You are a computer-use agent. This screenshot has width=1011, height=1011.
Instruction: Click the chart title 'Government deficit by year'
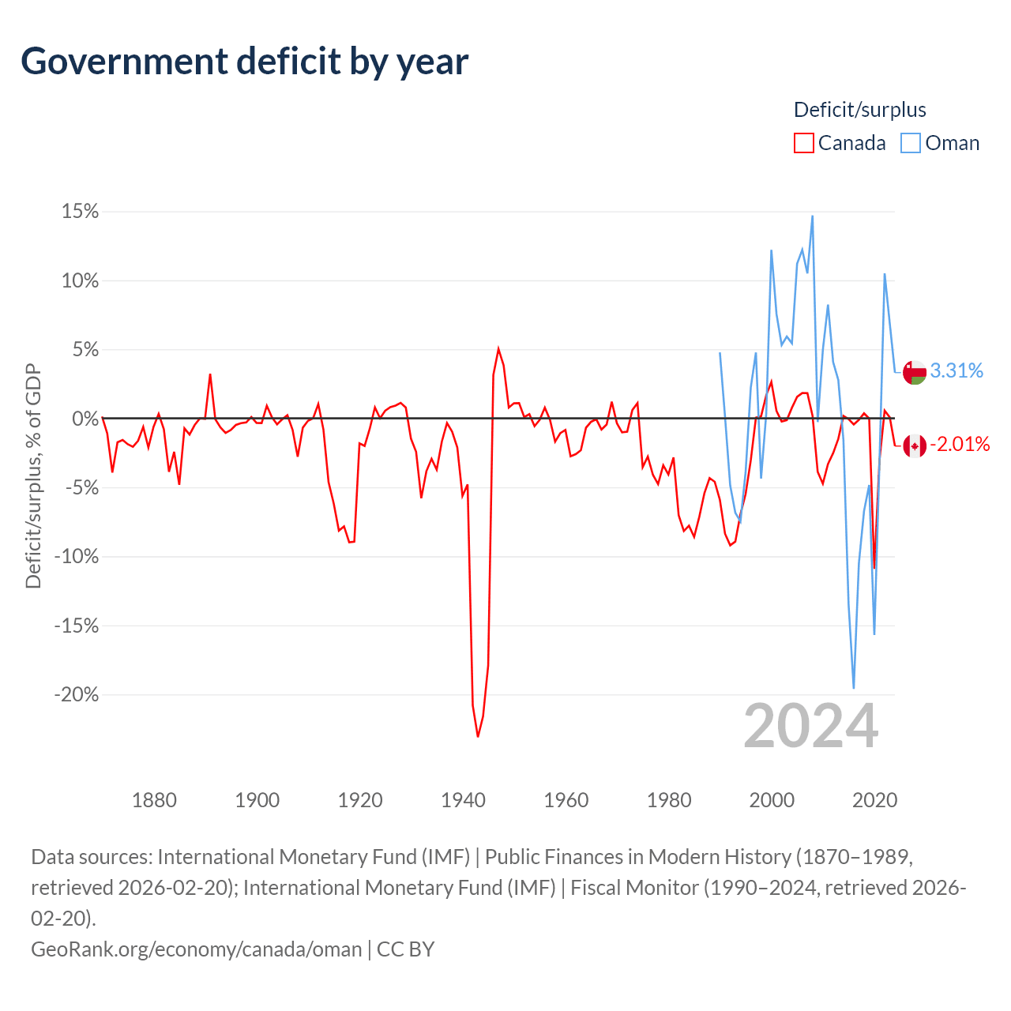coord(244,62)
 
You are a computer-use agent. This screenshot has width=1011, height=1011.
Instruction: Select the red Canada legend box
coord(804,143)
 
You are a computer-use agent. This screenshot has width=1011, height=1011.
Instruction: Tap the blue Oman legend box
coord(910,143)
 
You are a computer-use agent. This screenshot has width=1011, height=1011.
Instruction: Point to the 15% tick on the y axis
coord(80,212)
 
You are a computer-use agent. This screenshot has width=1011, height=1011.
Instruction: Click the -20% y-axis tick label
coord(77,694)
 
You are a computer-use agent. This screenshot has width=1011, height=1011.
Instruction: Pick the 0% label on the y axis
coord(85,419)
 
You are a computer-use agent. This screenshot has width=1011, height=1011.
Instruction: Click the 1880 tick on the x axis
coord(154,800)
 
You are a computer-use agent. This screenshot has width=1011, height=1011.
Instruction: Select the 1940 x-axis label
coord(464,800)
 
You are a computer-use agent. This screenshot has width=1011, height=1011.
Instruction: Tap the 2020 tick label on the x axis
coord(875,800)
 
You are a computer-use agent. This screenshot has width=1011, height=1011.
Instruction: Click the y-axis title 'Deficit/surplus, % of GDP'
coord(34,475)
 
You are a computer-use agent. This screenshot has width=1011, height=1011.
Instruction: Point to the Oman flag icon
coord(915,373)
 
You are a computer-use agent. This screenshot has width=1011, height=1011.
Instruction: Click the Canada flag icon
coord(915,446)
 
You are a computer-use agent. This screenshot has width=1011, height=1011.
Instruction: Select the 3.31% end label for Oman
coord(957,370)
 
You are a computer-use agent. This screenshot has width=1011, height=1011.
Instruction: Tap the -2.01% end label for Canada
coord(960,445)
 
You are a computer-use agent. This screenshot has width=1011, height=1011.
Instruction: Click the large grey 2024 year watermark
coord(811,727)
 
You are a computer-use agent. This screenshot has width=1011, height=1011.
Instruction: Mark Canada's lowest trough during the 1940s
coord(478,737)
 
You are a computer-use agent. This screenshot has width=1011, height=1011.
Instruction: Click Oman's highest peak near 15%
coord(812,216)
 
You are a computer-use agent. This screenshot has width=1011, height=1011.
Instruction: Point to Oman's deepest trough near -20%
coord(854,688)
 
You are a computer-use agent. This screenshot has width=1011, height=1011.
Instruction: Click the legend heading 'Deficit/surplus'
coord(860,110)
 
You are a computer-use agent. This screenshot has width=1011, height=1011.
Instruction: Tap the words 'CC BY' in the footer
coord(405,949)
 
